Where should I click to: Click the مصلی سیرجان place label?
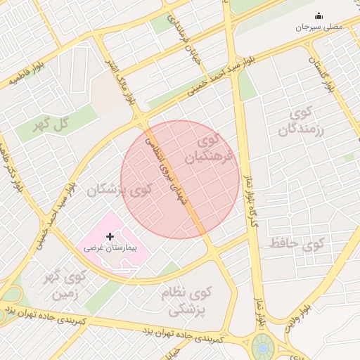point(318,26)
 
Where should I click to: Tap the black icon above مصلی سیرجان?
point(319,15)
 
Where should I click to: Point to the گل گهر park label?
point(52,124)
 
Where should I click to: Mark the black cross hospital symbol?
point(110,237)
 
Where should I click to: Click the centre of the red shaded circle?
point(180,179)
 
